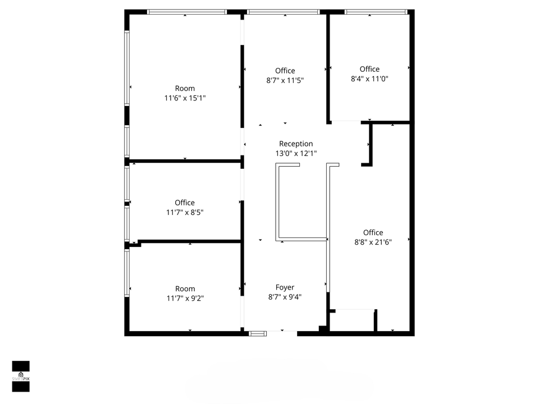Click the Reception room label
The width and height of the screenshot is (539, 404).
point(296,144)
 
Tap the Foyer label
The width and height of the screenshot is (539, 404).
point(285,287)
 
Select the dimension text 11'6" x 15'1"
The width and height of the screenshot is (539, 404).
point(185,98)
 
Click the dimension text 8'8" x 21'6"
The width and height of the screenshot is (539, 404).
point(373,242)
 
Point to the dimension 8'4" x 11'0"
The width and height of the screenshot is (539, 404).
point(369,79)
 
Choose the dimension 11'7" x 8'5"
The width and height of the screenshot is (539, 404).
point(185,213)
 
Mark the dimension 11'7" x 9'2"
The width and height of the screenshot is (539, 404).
point(185,299)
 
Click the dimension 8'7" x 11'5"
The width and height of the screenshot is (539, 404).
point(285,80)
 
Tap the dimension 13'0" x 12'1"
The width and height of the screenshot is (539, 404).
point(296,153)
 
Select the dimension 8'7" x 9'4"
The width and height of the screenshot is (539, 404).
point(285,297)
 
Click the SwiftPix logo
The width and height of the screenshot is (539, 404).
point(21,376)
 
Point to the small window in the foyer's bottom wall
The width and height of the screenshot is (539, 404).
point(258,333)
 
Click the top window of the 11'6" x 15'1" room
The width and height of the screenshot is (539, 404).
point(186,12)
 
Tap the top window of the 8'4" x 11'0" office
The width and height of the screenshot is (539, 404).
point(376,12)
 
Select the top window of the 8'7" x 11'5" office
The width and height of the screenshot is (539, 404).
point(284,12)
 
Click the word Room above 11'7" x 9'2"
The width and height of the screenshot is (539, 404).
point(185,289)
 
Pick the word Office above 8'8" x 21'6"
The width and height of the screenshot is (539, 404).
point(373,232)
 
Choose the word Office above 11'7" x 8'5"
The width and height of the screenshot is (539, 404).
point(185,203)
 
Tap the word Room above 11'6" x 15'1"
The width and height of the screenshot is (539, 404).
point(185,88)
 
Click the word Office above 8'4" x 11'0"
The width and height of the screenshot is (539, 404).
point(369,69)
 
